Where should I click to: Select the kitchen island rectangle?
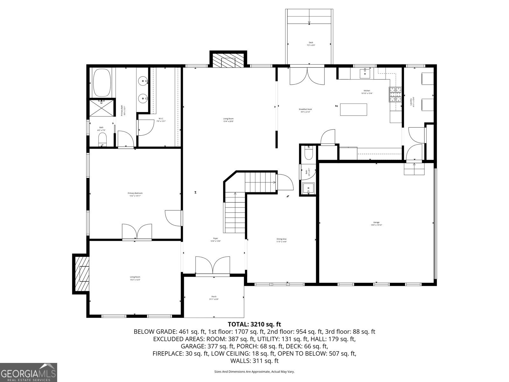(x=353, y=110)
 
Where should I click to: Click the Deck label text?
(x=311, y=44)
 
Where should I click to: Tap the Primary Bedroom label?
(x=135, y=195)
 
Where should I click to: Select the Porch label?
(x=214, y=298)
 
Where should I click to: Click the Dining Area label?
(x=282, y=240)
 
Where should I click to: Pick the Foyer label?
(x=215, y=239)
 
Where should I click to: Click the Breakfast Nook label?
(x=305, y=110)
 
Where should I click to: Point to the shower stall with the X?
(x=102, y=108)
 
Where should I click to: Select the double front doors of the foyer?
(x=212, y=265)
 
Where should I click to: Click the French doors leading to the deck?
(x=307, y=75)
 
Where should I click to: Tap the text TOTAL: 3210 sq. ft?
(x=254, y=324)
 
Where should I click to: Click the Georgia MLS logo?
(x=28, y=372)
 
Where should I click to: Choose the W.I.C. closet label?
(x=161, y=120)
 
